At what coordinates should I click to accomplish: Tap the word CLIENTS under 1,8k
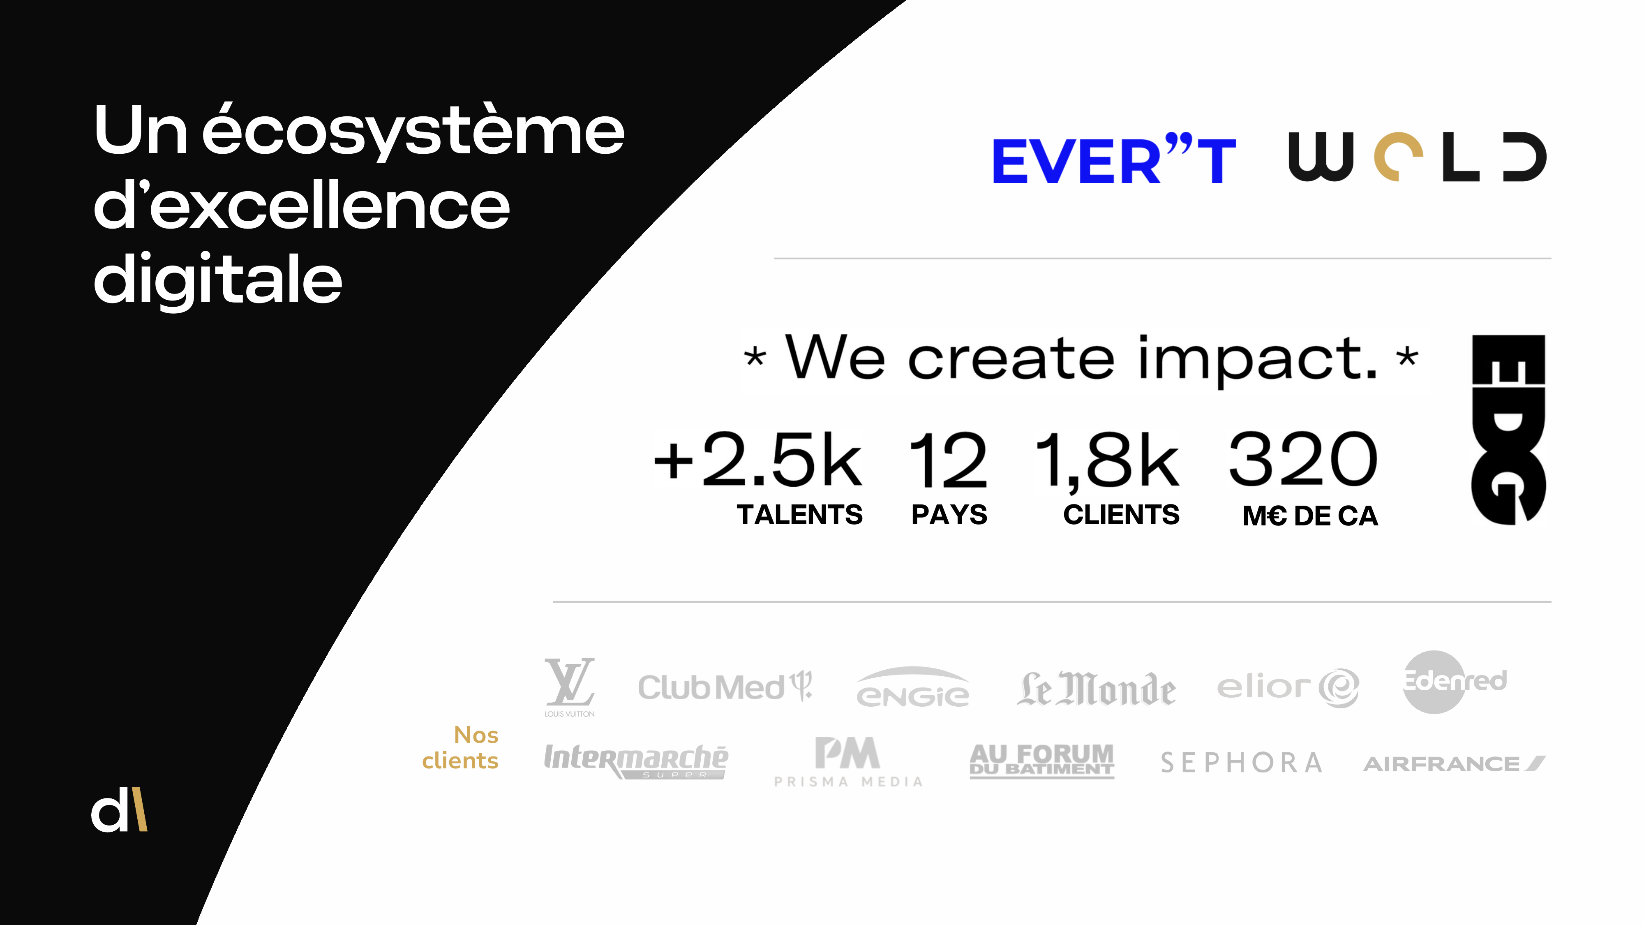click(1121, 515)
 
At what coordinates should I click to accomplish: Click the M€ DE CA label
click(1310, 516)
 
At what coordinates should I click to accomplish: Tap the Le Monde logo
click(1096, 689)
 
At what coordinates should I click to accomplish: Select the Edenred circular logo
click(1453, 681)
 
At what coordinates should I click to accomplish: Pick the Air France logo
click(1454, 763)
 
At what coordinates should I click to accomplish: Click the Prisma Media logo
click(847, 761)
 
